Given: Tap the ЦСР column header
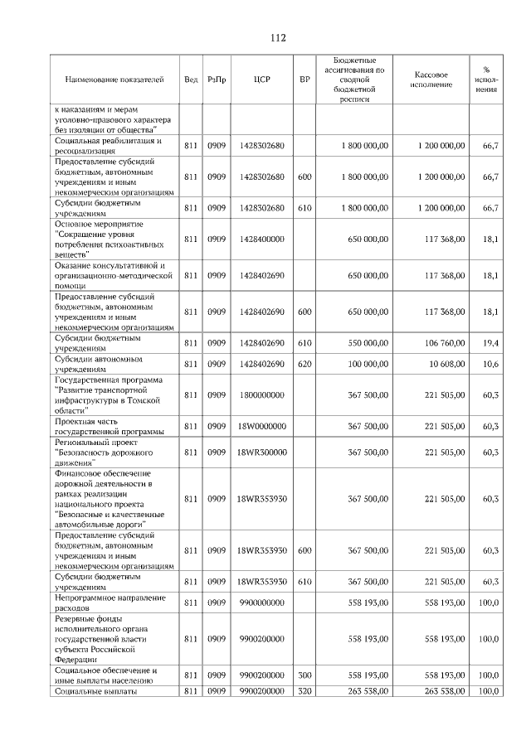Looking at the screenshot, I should point(262,80).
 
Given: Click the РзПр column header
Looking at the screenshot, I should point(217,80).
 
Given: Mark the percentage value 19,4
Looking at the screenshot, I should point(490,343).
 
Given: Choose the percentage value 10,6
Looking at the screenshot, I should point(490,364).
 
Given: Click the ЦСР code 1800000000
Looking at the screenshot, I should point(262,395).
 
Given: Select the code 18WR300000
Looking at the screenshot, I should point(262,452).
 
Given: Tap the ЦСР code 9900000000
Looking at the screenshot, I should point(262,602).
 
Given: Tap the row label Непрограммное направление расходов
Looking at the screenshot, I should point(110,602).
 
